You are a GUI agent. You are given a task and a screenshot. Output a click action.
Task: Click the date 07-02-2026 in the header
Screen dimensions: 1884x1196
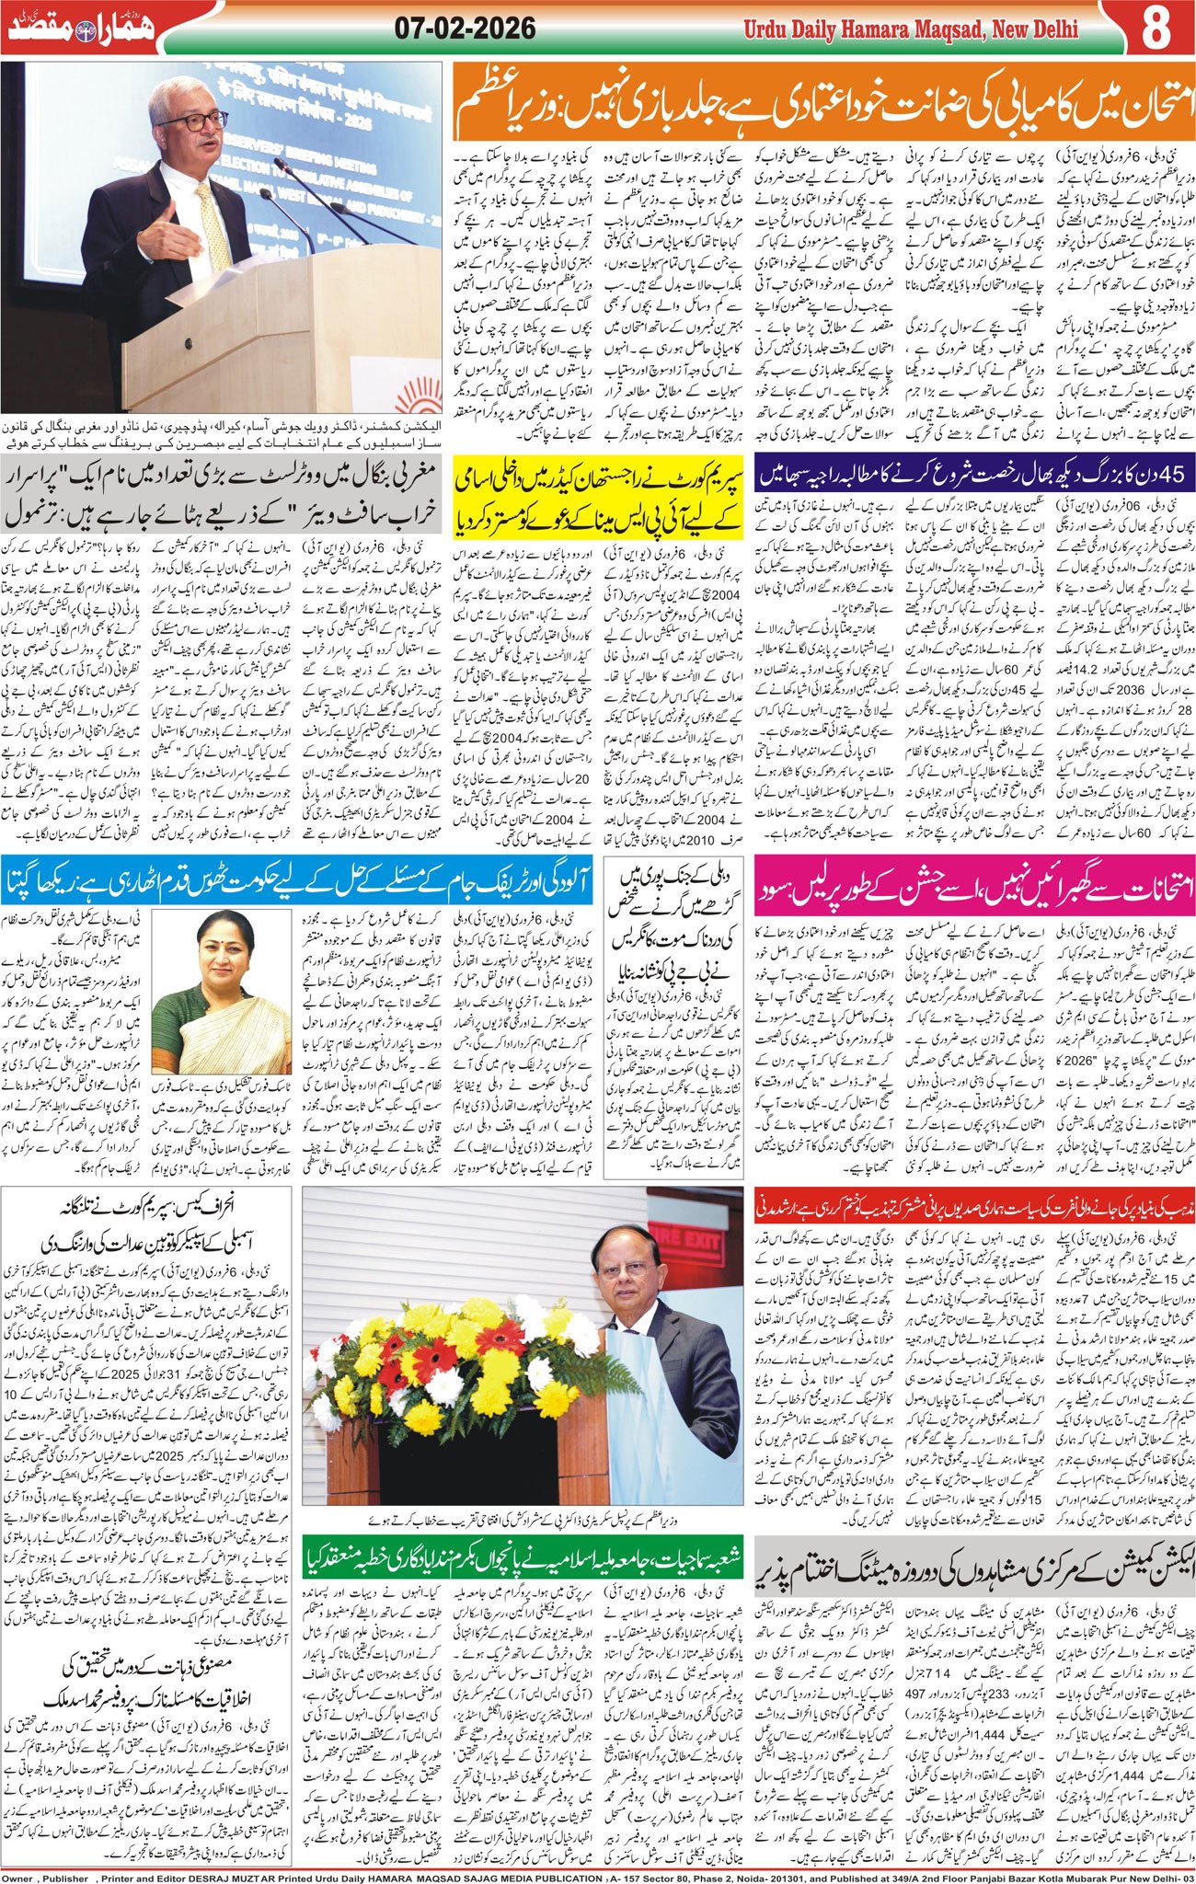[x=465, y=29]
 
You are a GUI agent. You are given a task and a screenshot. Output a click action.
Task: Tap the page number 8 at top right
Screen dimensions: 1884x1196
[x=1155, y=29]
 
